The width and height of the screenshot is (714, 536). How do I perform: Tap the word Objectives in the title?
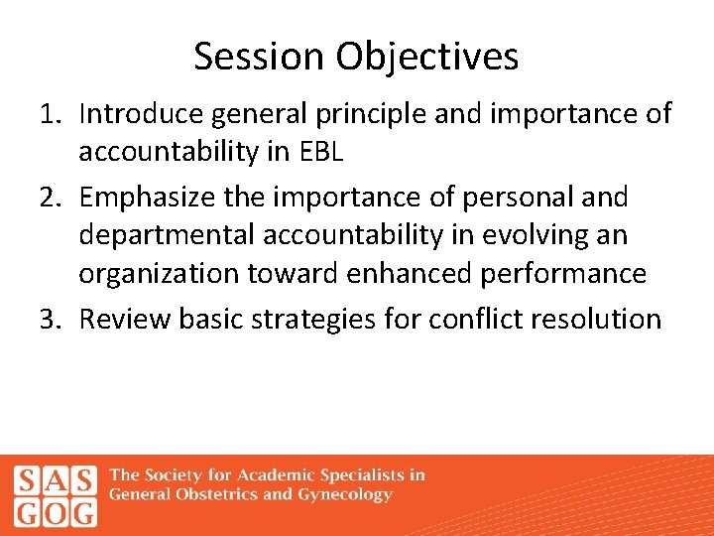tap(426, 57)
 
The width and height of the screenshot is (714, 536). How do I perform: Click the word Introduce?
tap(139, 114)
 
